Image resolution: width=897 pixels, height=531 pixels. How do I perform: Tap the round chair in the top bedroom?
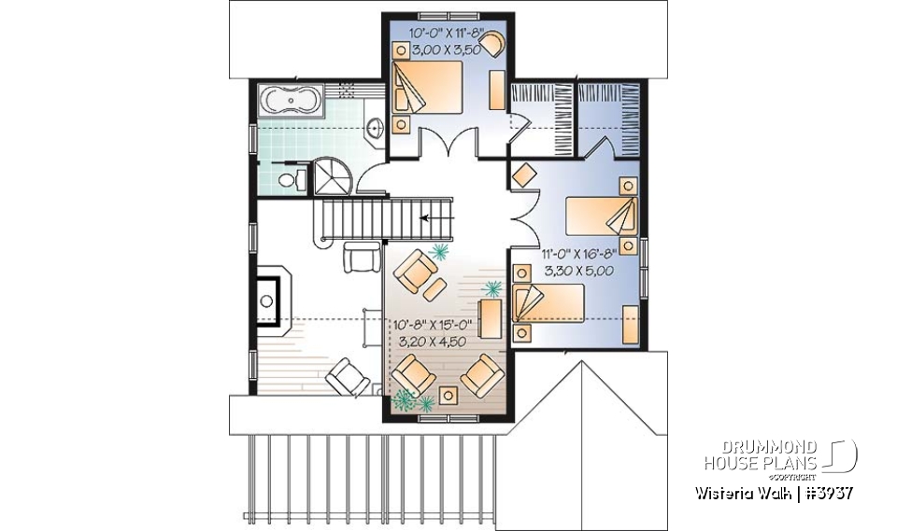492,42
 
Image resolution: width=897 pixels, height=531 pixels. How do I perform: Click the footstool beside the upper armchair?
433,291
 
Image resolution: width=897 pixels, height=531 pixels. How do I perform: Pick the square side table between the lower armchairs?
449,394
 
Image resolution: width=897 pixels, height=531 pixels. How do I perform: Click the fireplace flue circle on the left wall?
267,300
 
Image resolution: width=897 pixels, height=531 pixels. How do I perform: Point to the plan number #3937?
826,493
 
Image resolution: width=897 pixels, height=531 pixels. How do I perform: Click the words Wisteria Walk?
742,493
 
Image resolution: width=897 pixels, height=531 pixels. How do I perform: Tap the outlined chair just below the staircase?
360,254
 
